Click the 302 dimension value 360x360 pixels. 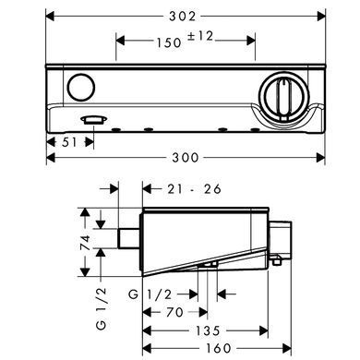point(183,17)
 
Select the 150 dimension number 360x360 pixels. point(169,42)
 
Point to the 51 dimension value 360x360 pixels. point(69,142)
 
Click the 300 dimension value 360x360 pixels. point(186,158)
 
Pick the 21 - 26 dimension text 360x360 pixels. point(194,189)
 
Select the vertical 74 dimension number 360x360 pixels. point(85,243)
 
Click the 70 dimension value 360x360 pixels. point(174,313)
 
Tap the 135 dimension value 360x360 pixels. point(208,330)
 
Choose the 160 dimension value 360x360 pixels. point(218,348)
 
